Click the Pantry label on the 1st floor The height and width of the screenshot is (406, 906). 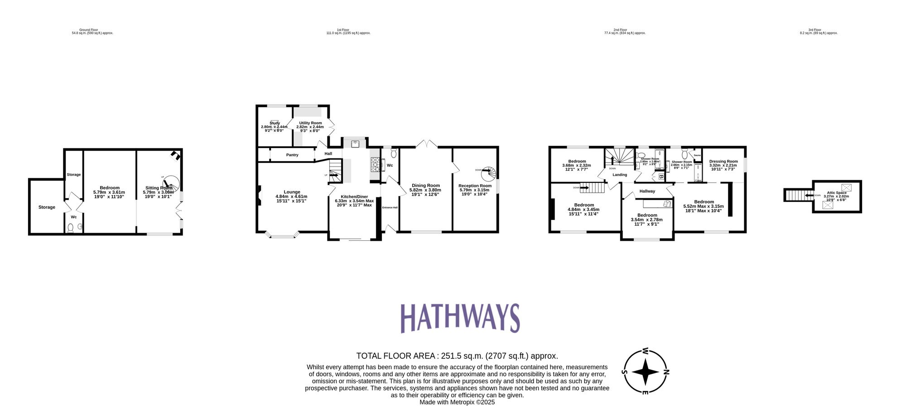[x=292, y=155]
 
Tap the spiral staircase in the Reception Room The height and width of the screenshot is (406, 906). [x=489, y=173]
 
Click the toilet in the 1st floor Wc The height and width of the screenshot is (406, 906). [x=393, y=153]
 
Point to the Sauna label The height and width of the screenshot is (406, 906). [x=697, y=155]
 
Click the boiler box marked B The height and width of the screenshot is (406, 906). [x=661, y=176]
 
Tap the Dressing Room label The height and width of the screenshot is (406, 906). [x=723, y=162]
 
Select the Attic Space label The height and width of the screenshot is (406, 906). [x=836, y=193]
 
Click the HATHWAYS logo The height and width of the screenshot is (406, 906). [x=460, y=318]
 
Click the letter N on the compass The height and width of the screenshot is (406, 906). [x=666, y=373]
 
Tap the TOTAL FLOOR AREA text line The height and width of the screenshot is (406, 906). [x=457, y=356]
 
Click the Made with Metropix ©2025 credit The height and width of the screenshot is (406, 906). [x=457, y=402]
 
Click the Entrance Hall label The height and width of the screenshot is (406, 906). [x=390, y=208]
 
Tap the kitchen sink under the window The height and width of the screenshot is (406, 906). [x=355, y=143]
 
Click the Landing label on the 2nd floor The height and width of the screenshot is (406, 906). [x=620, y=175]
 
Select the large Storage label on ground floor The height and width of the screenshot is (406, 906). [x=47, y=207]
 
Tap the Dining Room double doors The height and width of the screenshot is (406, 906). [x=426, y=144]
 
